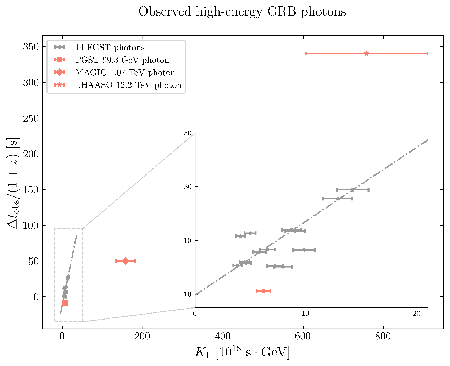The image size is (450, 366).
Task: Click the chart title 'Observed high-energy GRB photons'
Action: (x=242, y=12)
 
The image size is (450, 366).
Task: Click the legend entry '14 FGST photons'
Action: (x=110, y=48)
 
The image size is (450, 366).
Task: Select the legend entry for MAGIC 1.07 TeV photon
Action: (x=125, y=73)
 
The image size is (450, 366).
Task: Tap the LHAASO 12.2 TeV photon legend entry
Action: (x=128, y=85)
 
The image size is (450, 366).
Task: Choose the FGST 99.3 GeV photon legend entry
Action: (x=122, y=60)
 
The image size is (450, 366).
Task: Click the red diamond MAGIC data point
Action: (x=126, y=261)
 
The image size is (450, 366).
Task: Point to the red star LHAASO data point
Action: (x=366, y=54)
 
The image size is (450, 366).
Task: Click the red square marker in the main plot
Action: (x=65, y=303)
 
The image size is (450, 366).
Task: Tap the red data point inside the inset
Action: (x=263, y=291)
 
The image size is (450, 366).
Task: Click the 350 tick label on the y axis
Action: (x=30, y=47)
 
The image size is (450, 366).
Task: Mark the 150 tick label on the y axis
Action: (x=30, y=190)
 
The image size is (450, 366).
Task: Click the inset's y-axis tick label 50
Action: (x=188, y=133)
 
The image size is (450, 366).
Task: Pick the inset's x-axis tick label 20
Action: (x=417, y=314)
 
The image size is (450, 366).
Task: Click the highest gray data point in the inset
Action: (x=352, y=190)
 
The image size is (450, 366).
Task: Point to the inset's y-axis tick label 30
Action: (x=188, y=187)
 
